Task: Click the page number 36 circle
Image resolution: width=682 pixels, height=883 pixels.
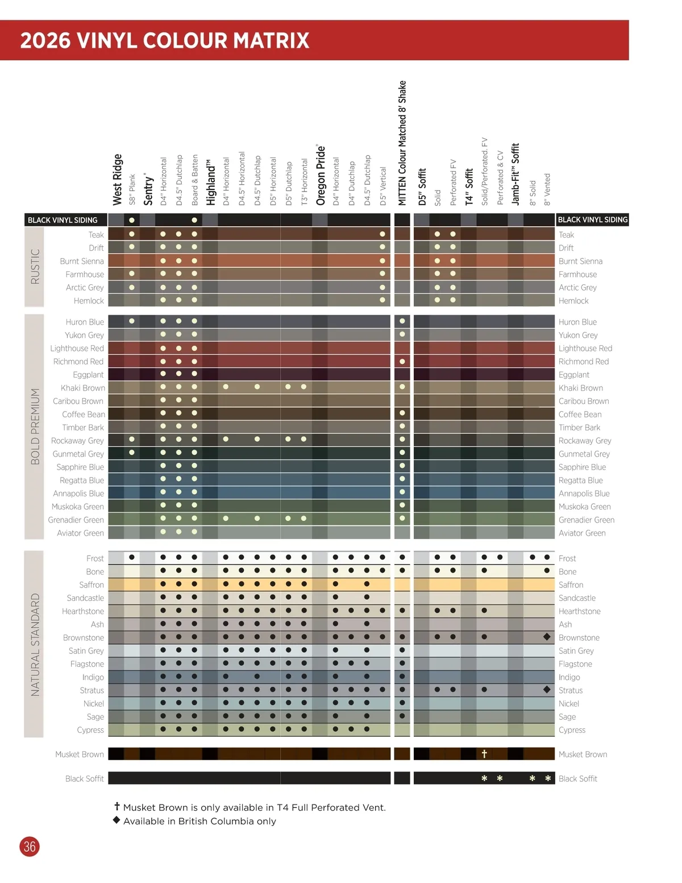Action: [x=30, y=847]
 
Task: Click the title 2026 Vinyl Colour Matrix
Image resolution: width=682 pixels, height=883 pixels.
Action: [x=165, y=40]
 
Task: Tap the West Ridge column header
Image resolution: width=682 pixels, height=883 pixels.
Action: [x=118, y=179]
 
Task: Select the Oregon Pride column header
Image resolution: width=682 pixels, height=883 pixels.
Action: [x=321, y=175]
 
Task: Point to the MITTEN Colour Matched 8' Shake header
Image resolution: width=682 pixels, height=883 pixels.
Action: [x=402, y=143]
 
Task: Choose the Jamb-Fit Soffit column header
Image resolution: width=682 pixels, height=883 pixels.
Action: [x=515, y=174]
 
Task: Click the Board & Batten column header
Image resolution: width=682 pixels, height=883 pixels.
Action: [x=195, y=180]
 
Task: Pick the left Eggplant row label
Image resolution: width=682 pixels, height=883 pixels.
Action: [x=88, y=375]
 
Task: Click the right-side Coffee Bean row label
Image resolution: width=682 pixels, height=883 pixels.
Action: [x=580, y=414]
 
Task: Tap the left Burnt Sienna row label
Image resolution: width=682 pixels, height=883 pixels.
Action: [x=82, y=261]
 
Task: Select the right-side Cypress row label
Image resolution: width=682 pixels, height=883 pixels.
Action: [x=572, y=730]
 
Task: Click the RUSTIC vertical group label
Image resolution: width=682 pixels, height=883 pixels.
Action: [x=35, y=266]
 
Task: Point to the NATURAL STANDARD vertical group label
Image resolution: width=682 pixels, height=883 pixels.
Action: [x=35, y=644]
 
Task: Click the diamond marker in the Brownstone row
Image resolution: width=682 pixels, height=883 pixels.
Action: [x=547, y=637]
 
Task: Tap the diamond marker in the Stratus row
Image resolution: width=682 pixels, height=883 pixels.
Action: [x=547, y=690]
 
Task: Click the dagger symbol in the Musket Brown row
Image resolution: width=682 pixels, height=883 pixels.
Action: [x=484, y=754]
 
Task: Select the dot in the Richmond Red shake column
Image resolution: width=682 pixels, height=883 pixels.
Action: [x=402, y=362]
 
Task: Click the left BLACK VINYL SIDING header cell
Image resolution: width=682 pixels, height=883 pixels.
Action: [x=63, y=220]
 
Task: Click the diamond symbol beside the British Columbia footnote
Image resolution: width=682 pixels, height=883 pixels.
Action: [x=117, y=820]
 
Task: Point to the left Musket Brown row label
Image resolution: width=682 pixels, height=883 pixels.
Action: [x=80, y=755]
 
